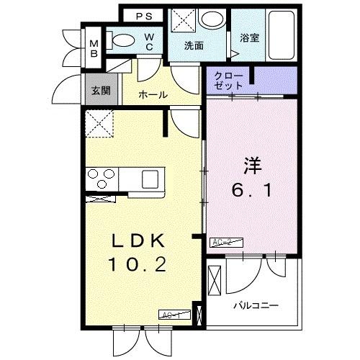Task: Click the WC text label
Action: click(149, 42)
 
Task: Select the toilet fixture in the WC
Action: click(124, 41)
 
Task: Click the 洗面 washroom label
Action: click(193, 45)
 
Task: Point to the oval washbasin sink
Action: click(212, 19)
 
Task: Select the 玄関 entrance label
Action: click(99, 91)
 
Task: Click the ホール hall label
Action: click(153, 94)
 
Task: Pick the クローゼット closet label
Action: click(229, 80)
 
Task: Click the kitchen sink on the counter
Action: click(153, 178)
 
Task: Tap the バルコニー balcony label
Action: click(256, 305)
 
